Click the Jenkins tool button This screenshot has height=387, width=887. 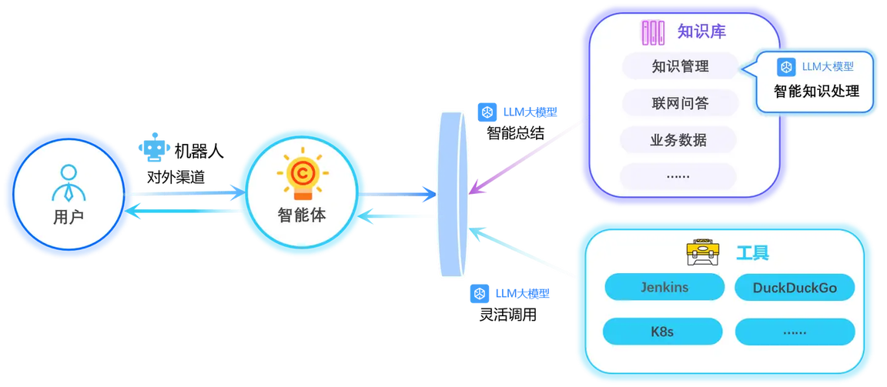click(x=664, y=287)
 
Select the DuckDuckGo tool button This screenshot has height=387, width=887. click(x=795, y=289)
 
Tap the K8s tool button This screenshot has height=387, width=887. click(x=662, y=332)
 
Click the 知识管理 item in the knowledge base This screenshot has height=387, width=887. click(x=681, y=67)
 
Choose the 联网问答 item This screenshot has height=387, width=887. click(x=681, y=103)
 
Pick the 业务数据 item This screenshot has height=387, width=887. click(x=679, y=140)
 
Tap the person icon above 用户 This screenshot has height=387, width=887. click(x=68, y=184)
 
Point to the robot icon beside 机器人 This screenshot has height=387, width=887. click(x=154, y=148)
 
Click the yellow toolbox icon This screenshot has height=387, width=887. click(x=702, y=252)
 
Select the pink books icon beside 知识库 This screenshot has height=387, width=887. click(x=653, y=33)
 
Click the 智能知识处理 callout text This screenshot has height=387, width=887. click(x=816, y=90)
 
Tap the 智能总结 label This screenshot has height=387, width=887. click(x=515, y=133)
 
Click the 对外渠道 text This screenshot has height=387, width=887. click(x=176, y=178)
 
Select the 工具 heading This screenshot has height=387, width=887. click(x=752, y=252)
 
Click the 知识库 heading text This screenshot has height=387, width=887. click(x=701, y=32)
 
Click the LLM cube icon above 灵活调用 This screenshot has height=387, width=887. click(x=479, y=294)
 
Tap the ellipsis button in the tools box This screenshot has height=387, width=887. click(x=795, y=332)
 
